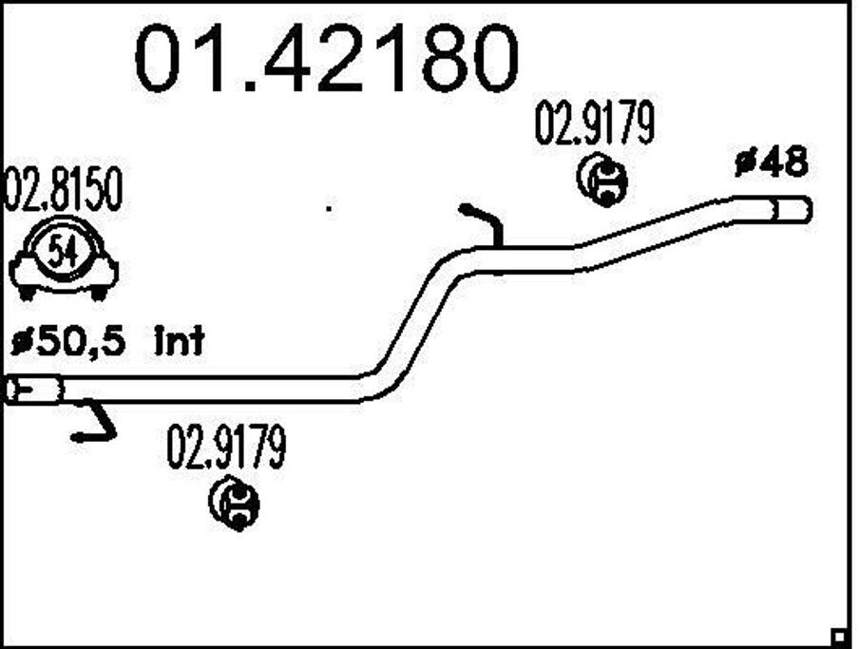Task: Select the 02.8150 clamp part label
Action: [64, 192]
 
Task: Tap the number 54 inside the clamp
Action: [64, 253]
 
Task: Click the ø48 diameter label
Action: [771, 163]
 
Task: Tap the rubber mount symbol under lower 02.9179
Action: [234, 503]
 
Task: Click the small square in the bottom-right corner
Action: [838, 635]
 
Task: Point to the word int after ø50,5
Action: [179, 340]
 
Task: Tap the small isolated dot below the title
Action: [329, 207]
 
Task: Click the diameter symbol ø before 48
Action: [744, 163]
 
